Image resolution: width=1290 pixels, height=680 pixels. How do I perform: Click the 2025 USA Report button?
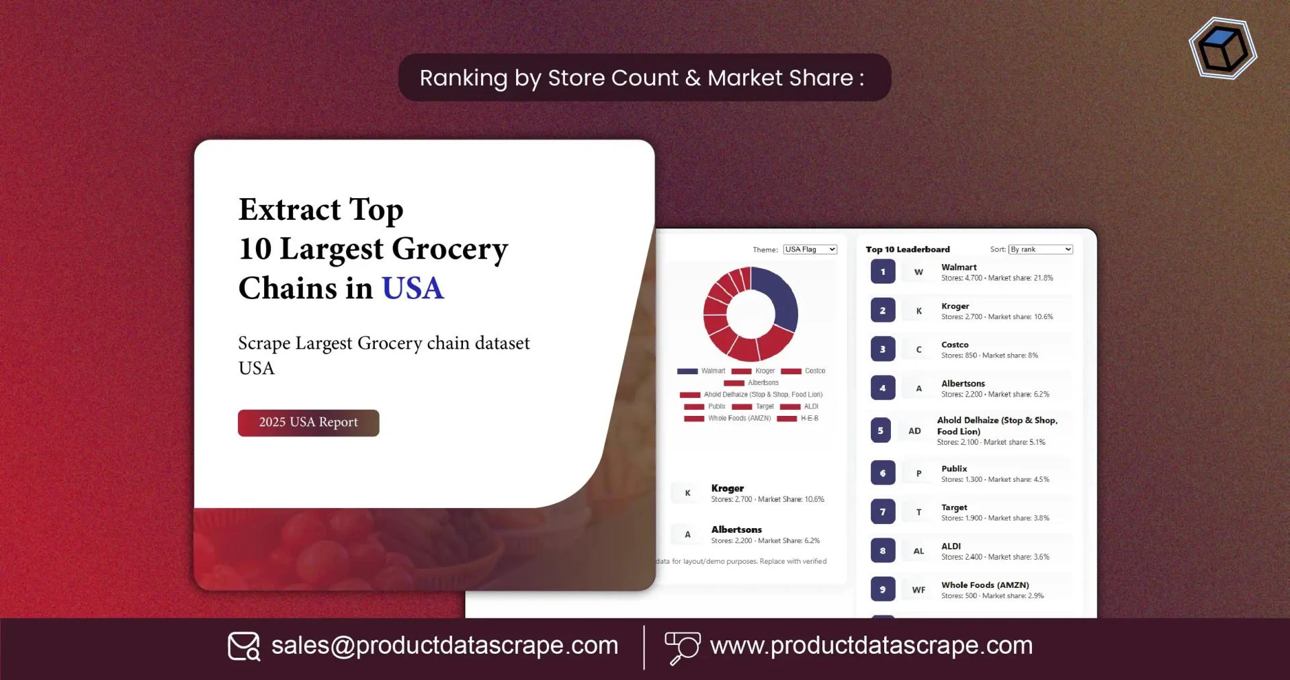308,423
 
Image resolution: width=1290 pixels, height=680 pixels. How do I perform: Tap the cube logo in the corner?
1223,48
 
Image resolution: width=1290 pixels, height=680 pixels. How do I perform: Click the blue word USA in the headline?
413,288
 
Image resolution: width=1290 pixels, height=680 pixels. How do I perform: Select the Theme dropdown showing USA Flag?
810,249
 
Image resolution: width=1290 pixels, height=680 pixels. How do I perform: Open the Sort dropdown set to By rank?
1040,249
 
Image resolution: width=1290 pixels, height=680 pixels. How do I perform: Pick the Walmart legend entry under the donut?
702,371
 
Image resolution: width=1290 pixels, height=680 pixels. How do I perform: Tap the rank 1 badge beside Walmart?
883,272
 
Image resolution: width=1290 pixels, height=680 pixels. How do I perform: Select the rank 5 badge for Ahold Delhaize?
881,431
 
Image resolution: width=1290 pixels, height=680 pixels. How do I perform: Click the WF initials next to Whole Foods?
918,590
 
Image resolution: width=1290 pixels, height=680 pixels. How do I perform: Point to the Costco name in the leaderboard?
955,345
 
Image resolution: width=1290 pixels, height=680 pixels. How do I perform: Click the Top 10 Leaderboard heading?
908,249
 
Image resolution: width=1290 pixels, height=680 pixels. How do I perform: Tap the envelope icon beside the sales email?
243,646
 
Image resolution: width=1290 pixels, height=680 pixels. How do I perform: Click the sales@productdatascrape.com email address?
444,646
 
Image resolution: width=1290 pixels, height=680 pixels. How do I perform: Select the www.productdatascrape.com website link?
871,646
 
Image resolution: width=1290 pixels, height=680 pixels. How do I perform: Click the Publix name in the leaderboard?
954,469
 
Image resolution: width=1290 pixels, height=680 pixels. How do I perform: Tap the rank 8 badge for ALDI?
883,551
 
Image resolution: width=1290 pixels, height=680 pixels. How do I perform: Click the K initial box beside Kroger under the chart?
687,493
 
